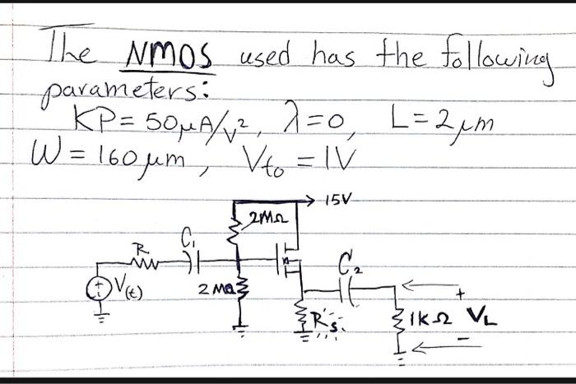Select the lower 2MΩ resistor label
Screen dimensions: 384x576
(x=211, y=289)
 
